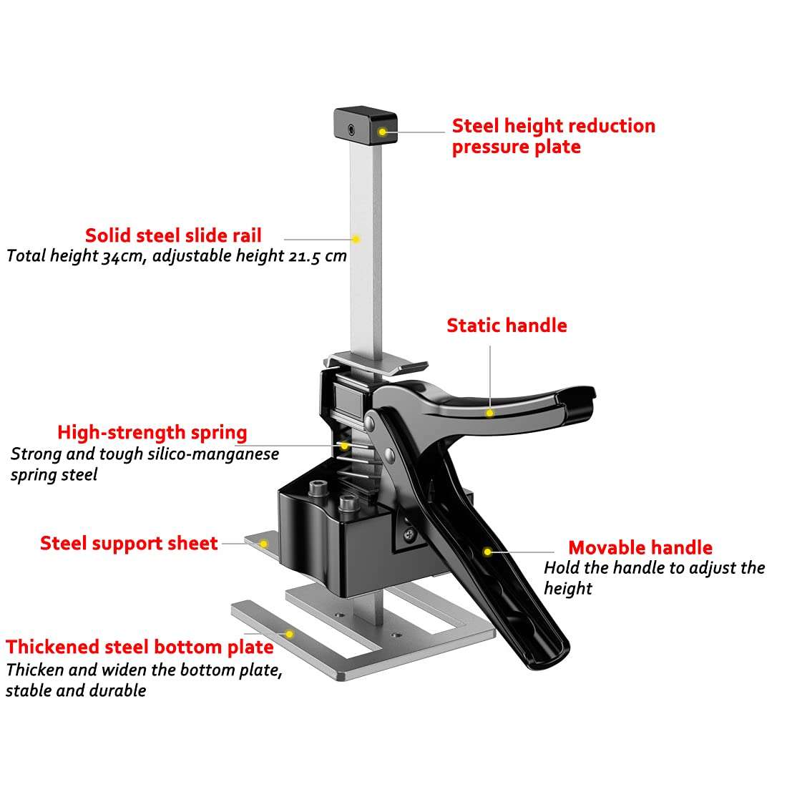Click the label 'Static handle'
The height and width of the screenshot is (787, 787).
tap(507, 326)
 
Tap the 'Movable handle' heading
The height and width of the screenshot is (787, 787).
tap(640, 548)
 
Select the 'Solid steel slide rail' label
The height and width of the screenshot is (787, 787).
tap(173, 235)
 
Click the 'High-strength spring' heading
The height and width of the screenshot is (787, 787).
tap(152, 433)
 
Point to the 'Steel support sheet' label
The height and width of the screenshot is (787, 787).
tap(129, 543)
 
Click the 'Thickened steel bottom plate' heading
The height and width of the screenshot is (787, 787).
tap(140, 647)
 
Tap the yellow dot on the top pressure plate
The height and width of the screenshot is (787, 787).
tap(383, 132)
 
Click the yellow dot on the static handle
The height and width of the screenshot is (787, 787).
tap(489, 413)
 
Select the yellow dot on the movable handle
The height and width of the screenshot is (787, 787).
tap(487, 552)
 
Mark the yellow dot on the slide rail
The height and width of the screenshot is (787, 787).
tap(356, 239)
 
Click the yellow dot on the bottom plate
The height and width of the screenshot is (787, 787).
tap(289, 634)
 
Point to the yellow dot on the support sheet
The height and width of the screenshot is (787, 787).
tap(263, 544)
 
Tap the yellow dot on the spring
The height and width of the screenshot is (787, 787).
tap(344, 445)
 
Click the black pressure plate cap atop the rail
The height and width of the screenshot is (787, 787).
tap(364, 125)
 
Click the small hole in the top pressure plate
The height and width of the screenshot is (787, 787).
tap(351, 129)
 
